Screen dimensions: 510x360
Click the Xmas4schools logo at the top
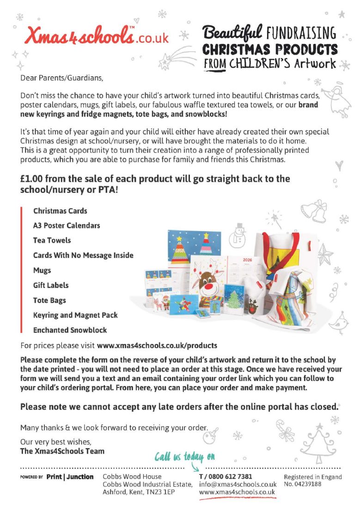[x=98, y=35]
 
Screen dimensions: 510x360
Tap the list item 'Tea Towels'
[x=52, y=240]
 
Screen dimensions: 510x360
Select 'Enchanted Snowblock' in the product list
[x=70, y=330]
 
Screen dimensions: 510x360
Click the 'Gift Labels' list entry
[x=51, y=285]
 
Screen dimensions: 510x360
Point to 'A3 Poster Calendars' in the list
[x=67, y=226]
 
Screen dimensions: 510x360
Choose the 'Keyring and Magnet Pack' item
[x=75, y=315]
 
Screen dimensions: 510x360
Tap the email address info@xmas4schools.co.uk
[x=237, y=485]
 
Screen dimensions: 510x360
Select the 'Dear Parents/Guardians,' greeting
[x=59, y=78]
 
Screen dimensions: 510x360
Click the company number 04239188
[x=302, y=484]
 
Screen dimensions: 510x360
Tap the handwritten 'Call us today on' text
[x=185, y=457]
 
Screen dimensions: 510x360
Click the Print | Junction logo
[x=70, y=477]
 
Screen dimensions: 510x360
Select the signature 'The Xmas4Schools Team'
[x=62, y=451]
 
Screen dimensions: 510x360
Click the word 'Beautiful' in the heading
[x=232, y=32]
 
